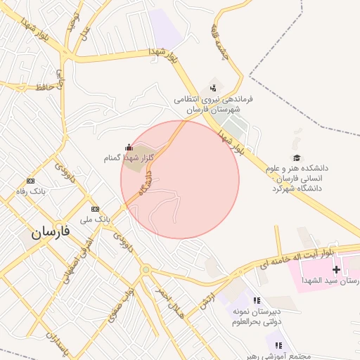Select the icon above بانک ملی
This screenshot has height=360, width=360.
click(96, 209)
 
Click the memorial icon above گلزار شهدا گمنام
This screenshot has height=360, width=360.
click(129, 147)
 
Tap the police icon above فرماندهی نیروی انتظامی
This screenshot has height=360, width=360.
click(213, 88)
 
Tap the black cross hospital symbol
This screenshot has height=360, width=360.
click(337, 269)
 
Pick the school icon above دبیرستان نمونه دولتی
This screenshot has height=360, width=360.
click(257, 300)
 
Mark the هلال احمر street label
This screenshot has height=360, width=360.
click(171, 305)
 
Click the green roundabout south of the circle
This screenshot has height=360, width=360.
click(146, 269)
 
